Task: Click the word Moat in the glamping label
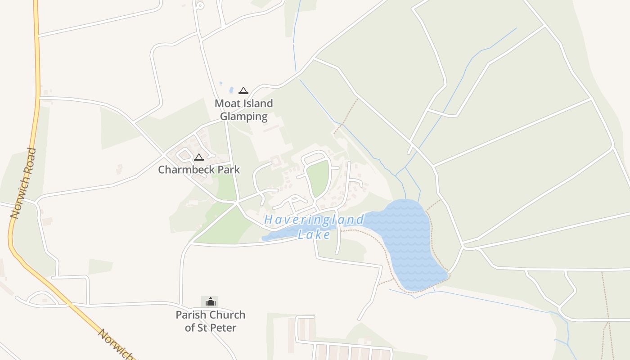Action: coord(228,103)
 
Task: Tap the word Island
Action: coord(258,103)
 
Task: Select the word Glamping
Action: coord(243,117)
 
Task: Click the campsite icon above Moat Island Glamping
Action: coord(243,90)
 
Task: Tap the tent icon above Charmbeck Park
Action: coord(199,157)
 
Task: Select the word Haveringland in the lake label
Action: coord(314,220)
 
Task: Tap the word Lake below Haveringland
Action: coord(314,234)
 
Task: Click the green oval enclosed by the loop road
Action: coord(318,178)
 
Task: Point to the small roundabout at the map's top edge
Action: coord(200,6)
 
